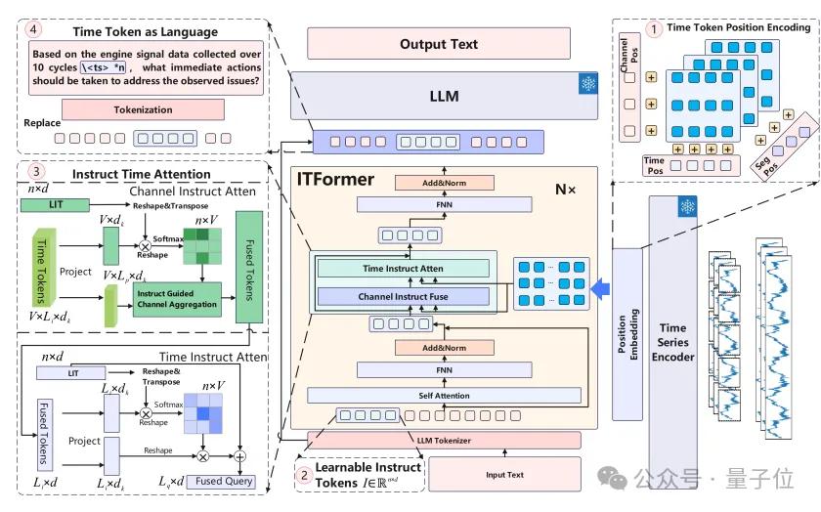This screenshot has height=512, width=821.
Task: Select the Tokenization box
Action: point(144,109)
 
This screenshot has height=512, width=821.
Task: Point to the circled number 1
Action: point(651,28)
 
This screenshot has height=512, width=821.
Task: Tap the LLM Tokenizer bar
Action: point(444,441)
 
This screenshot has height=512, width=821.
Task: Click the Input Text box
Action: point(504,475)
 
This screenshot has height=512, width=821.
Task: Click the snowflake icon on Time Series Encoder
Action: point(687,206)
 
